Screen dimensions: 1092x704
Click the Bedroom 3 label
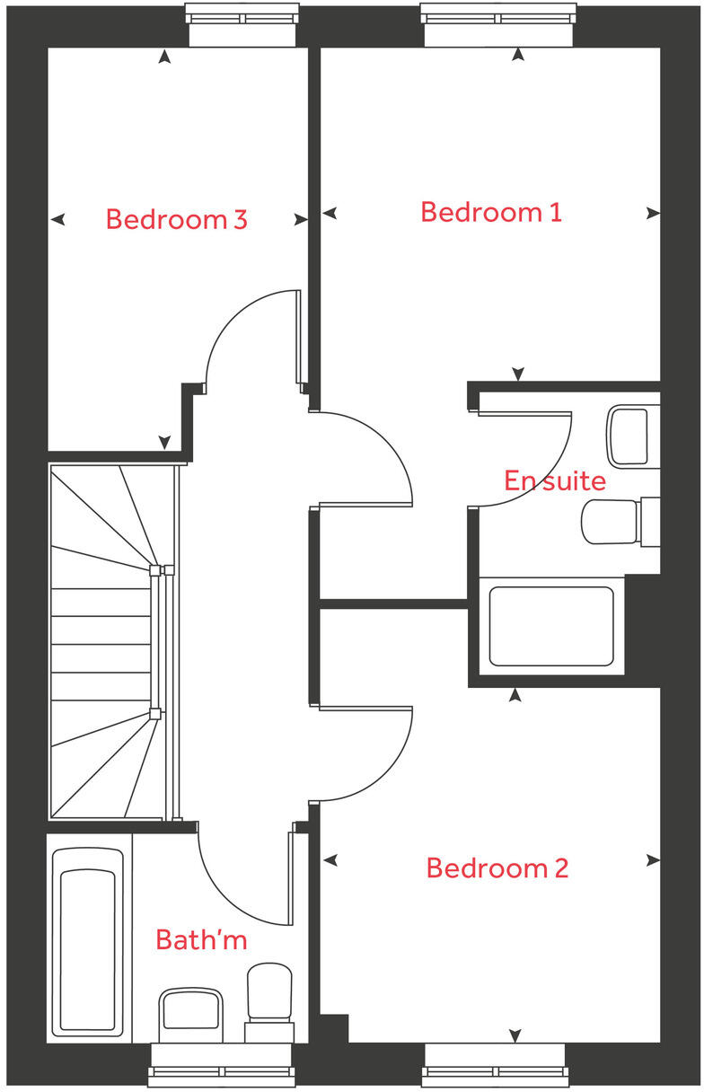pos(176,219)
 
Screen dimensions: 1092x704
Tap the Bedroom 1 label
pos(491,213)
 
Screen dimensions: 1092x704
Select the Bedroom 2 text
pos(497,868)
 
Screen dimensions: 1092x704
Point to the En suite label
pos(554,480)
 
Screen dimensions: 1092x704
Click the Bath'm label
pos(201,940)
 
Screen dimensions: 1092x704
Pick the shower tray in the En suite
pos(551,626)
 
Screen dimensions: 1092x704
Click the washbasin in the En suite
pos(632,436)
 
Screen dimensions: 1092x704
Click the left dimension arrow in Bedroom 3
pos(58,219)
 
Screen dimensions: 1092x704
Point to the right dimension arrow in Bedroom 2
pos(652,860)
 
